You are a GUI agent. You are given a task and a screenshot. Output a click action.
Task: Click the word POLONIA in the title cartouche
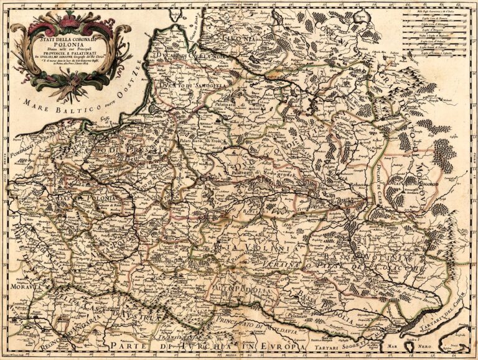pyautogui.click(x=69, y=45)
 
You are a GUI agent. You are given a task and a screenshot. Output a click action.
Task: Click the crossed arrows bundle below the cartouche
pyautogui.click(x=68, y=86)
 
